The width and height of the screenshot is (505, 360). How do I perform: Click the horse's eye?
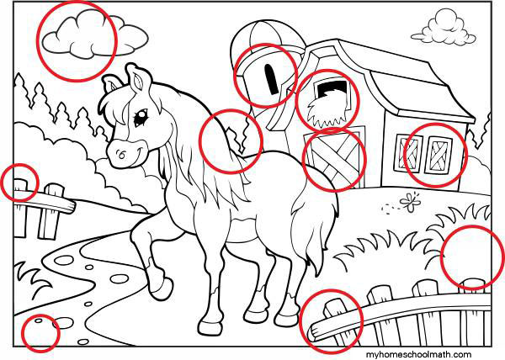pos(141,117)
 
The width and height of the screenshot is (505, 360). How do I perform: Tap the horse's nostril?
pos(121,154)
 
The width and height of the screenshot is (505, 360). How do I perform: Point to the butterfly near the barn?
pos(411,202)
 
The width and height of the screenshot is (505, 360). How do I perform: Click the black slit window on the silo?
pos(271,79)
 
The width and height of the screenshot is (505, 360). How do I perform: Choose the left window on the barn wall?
pos(407,152)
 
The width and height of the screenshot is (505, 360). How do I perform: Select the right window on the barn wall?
pos(438,155)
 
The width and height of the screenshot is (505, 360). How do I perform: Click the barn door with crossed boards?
pos(334,157)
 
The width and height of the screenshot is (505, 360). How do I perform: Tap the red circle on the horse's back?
pos(231,141)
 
